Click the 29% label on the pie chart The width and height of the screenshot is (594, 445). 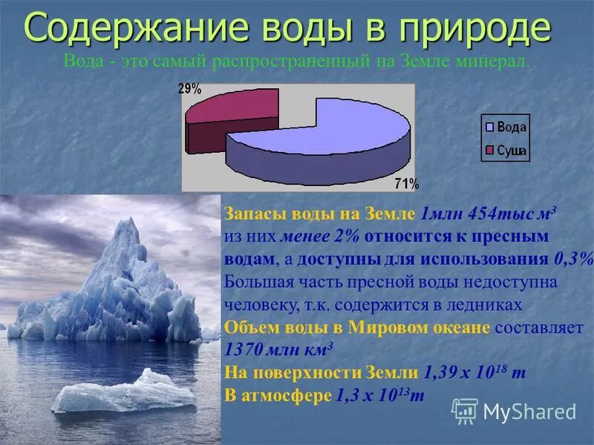(x=190, y=89)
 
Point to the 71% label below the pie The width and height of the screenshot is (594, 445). (x=406, y=183)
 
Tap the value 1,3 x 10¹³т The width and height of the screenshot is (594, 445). (x=379, y=396)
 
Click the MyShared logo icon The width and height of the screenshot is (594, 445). (x=465, y=410)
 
